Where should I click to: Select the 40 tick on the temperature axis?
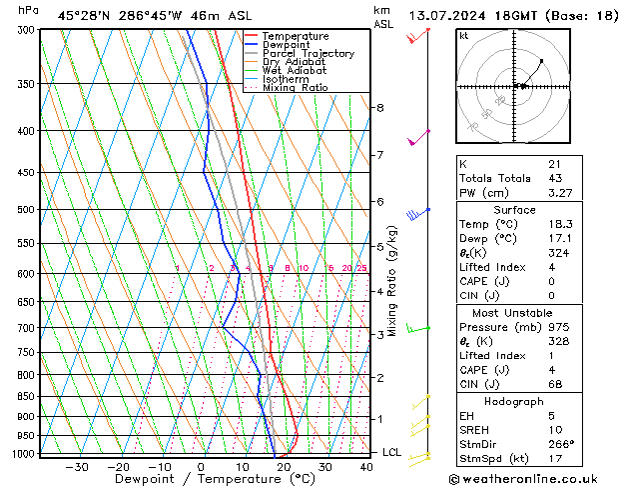[x=367, y=466]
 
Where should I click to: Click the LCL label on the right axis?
[x=392, y=453]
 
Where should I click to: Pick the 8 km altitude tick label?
[x=379, y=107]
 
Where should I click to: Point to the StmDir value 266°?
[x=561, y=444]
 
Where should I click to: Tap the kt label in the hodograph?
[x=464, y=35]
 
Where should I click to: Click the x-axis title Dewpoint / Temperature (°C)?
[x=203, y=479]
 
